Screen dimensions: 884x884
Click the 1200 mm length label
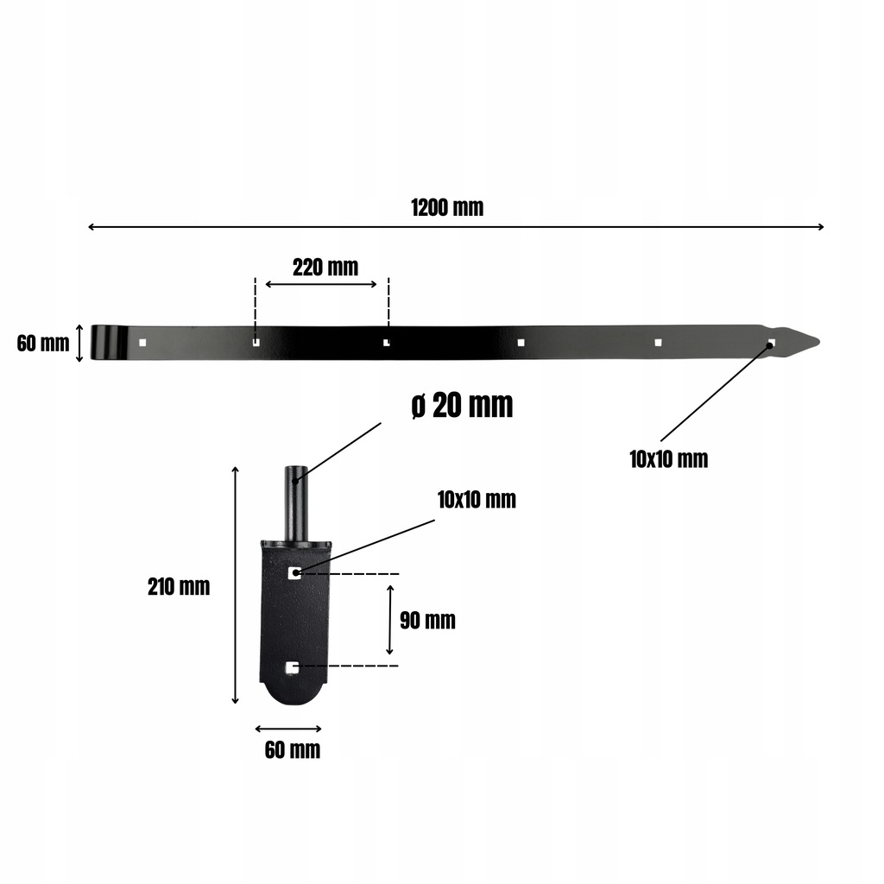point(447,207)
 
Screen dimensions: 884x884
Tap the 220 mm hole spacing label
point(325,268)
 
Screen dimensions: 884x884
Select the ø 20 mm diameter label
point(463,405)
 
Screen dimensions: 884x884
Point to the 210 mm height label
point(179,587)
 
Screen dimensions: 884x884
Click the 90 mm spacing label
point(427,620)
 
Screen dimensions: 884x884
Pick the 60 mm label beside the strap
point(43,343)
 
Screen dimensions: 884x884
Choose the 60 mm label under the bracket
point(293,750)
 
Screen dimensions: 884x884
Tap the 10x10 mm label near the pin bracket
point(477,500)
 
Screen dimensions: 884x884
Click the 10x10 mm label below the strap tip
point(669,459)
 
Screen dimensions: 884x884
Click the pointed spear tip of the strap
point(818,341)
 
